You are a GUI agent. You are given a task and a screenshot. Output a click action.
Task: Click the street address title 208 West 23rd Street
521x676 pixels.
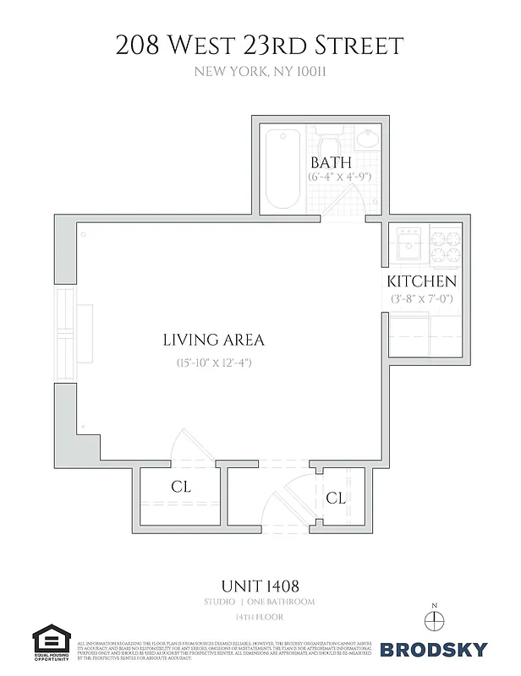click(260, 44)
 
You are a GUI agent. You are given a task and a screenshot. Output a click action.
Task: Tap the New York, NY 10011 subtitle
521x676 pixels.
click(260, 72)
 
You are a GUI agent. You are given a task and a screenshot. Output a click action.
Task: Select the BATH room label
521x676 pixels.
click(332, 162)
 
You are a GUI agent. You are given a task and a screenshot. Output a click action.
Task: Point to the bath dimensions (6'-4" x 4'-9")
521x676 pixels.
click(340, 177)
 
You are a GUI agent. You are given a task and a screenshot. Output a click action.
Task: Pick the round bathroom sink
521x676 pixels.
click(369, 137)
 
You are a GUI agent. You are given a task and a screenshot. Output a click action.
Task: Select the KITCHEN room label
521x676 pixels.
click(422, 281)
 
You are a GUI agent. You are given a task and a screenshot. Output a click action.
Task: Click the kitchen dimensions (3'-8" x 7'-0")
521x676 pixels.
click(423, 298)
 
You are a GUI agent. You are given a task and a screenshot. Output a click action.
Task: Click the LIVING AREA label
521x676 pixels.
click(213, 340)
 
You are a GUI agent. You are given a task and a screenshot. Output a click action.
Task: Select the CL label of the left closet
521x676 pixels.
click(181, 488)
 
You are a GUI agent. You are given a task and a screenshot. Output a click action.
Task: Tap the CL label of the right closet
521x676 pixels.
click(336, 498)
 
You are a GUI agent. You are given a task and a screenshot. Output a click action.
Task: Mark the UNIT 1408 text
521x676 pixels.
click(260, 585)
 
